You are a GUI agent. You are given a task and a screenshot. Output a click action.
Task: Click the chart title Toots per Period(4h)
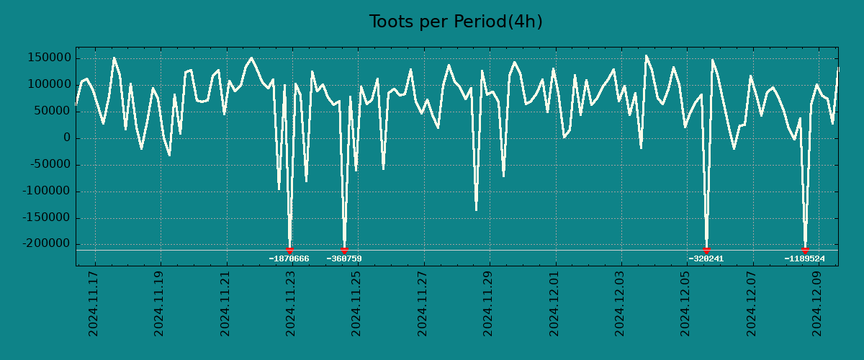pos(456,22)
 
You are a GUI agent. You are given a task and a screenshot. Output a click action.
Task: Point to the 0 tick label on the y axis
pos(67,138)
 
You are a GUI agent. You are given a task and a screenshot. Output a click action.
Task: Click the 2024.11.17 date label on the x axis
pos(94,304)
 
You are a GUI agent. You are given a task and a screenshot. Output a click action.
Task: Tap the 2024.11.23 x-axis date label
pos(291,304)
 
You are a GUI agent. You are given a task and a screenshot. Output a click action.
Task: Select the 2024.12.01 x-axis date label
pos(554,304)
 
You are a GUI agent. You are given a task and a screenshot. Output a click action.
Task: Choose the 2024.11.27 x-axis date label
pos(423,304)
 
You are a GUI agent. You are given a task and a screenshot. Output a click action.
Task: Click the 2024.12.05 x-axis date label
pos(685,304)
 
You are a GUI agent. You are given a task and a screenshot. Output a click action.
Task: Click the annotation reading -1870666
pos(289,258)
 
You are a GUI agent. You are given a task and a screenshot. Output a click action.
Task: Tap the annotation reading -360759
pos(344,258)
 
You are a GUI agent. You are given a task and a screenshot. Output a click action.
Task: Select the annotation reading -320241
pos(706,258)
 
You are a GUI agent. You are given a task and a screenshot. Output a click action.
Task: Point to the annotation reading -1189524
pos(804,258)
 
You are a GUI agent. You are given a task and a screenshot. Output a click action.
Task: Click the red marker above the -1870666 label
pos(289,250)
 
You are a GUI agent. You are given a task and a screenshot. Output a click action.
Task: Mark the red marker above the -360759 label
pos(344,250)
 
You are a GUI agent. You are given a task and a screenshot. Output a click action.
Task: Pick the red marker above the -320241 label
pos(706,250)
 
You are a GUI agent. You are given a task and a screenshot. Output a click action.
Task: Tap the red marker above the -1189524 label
pos(805,250)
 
